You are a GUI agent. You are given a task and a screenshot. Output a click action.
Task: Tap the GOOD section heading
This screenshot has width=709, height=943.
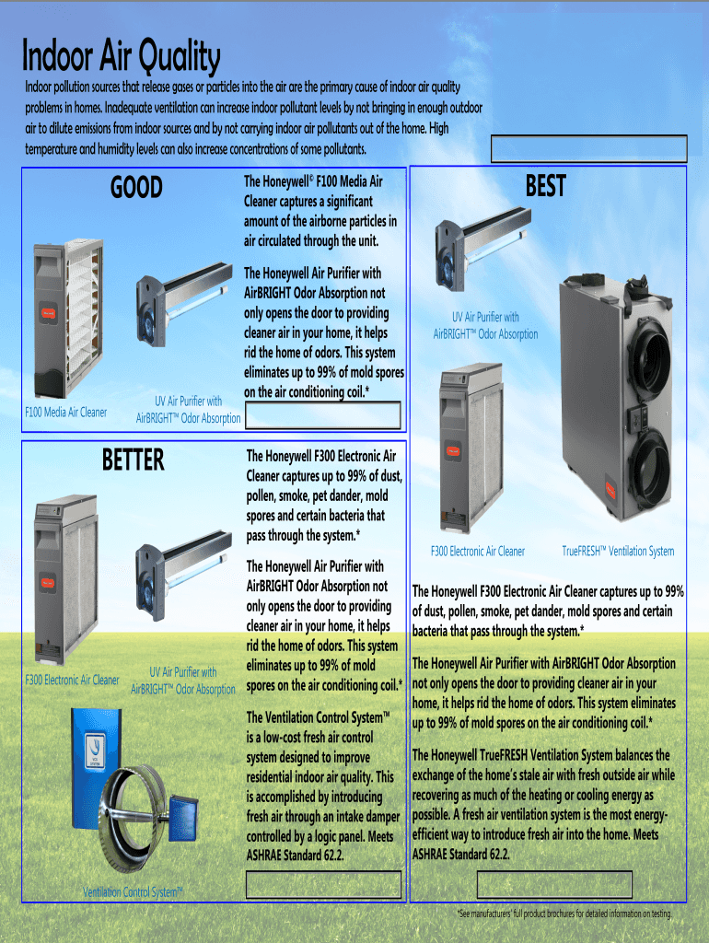[x=136, y=188]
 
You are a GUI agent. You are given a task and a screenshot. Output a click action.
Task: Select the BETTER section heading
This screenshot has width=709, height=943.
[x=134, y=460]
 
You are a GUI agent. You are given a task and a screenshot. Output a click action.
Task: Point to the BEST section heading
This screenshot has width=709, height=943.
[x=545, y=187]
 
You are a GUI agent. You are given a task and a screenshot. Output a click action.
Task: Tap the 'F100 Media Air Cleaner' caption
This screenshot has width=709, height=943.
[x=65, y=413]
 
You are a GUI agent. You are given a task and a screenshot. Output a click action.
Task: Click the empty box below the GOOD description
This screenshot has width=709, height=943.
[x=322, y=415]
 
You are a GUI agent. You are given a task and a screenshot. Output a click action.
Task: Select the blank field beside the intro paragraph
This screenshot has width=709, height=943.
[x=589, y=148]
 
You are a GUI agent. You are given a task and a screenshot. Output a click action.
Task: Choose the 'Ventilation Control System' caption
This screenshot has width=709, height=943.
[x=133, y=891]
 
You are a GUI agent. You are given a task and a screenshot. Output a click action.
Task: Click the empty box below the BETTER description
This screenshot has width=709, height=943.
[x=323, y=885]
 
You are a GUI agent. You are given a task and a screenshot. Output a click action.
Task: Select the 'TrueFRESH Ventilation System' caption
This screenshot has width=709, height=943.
[x=618, y=551]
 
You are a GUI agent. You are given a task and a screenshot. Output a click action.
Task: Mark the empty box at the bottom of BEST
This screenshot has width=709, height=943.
[x=554, y=885]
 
